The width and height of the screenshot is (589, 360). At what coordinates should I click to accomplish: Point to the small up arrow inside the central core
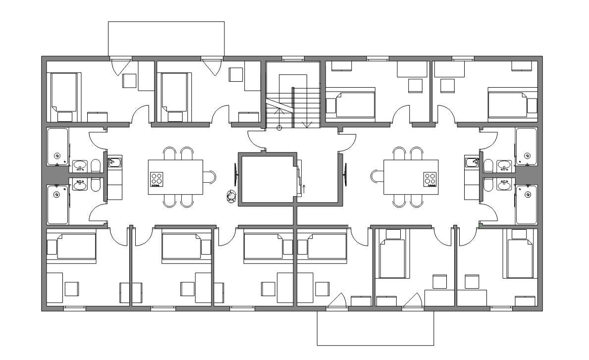tap(304, 188)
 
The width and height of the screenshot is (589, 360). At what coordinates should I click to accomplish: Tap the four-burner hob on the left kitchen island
tap(157, 179)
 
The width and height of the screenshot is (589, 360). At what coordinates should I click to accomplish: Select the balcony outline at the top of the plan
tap(166, 39)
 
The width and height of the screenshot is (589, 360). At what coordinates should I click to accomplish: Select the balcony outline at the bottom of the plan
tap(375, 328)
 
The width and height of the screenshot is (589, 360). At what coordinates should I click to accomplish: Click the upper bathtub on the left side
tap(57, 147)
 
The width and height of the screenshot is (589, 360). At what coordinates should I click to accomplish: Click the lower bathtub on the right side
tap(526, 205)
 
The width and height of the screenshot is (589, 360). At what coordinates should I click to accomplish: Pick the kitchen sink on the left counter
tap(115, 162)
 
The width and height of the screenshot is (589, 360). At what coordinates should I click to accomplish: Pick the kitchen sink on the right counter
tap(471, 162)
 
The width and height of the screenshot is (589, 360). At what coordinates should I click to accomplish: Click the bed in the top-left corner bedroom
tap(63, 92)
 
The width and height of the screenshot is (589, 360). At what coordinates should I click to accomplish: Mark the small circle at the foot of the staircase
tap(279, 128)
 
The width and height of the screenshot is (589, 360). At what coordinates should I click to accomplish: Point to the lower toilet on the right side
tap(488, 185)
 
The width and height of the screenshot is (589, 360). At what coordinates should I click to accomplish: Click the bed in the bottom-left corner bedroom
tap(75, 246)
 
